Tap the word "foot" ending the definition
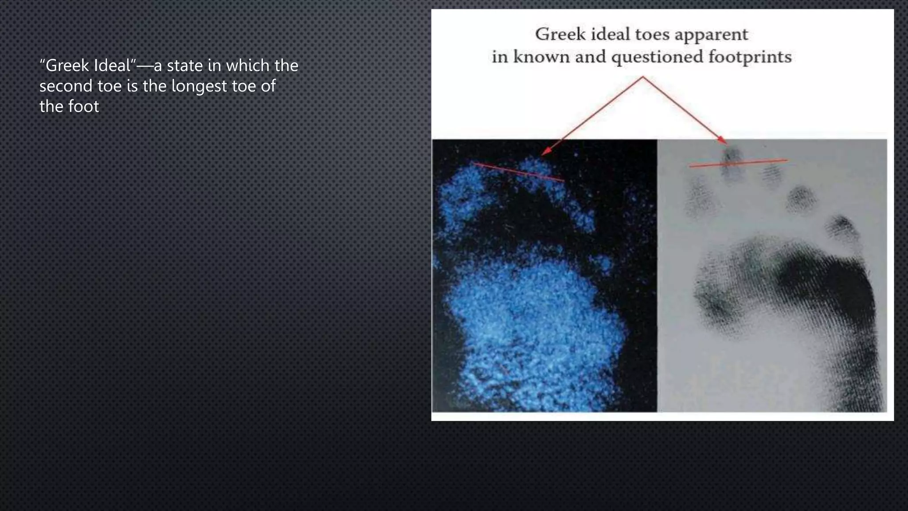point(84,106)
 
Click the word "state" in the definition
point(185,66)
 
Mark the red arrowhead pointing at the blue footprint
point(547,151)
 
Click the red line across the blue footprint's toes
point(519,172)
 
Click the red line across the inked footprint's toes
point(738,163)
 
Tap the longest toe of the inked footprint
point(731,164)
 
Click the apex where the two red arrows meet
point(643,77)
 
